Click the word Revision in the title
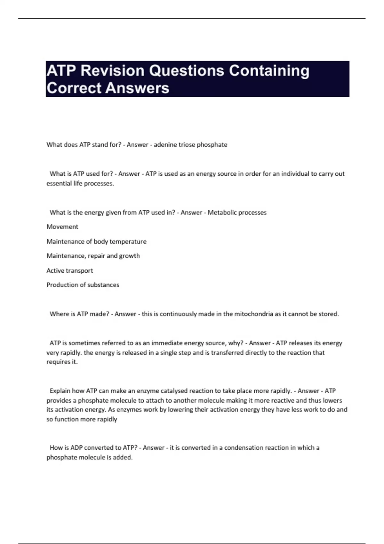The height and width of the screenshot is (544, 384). [112, 71]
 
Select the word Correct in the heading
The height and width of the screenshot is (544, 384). [74, 88]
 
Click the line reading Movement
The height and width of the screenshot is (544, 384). [62, 227]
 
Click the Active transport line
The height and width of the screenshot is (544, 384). [70, 271]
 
